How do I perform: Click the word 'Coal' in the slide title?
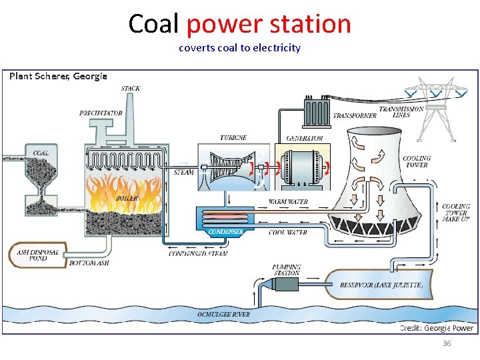point(154,24)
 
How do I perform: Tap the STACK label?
point(131,88)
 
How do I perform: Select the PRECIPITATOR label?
point(101,113)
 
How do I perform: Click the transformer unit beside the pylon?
point(317,107)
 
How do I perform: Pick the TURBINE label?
point(233,138)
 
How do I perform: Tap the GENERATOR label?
point(304,138)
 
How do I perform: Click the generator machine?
point(300,167)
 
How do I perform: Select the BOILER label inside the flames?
point(126,198)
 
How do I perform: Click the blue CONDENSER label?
point(224,232)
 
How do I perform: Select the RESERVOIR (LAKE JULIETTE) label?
point(381,285)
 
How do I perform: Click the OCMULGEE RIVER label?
point(224,313)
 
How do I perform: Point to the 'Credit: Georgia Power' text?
point(436,327)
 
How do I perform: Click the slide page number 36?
point(447,343)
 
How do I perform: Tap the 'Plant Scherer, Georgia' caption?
point(58,76)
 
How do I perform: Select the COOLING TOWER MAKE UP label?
point(456,213)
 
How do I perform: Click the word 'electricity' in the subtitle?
point(277,48)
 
